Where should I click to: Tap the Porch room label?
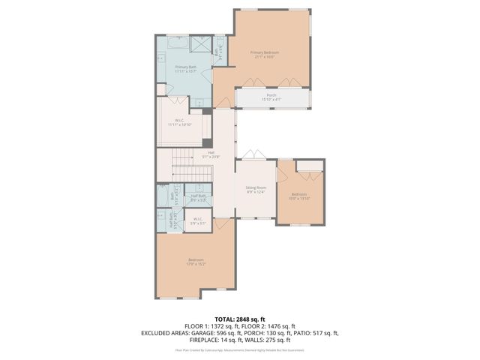click(271, 97)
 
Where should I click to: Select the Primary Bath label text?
click(186, 69)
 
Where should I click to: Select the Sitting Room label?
click(256, 189)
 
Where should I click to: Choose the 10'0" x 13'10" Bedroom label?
click(300, 196)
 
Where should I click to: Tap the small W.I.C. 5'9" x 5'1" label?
click(198, 222)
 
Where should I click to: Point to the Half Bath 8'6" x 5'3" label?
click(198, 198)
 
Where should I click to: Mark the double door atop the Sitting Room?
click(256, 155)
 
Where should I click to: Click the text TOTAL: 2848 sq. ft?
click(240, 319)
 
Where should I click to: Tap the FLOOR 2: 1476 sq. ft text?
click(268, 326)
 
